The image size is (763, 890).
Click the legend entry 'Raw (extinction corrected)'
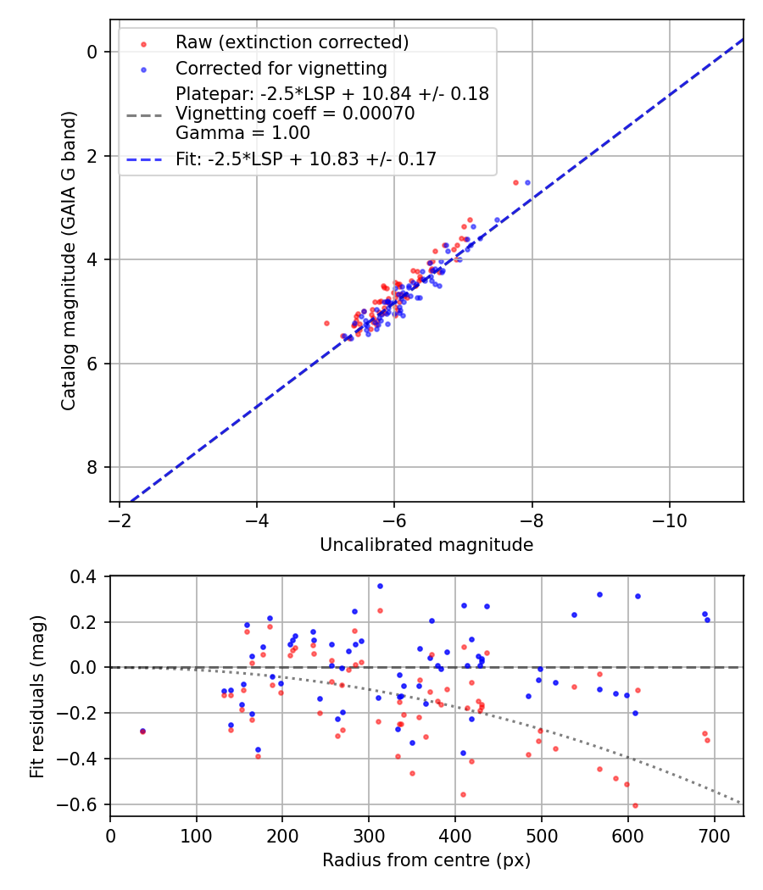[292, 42]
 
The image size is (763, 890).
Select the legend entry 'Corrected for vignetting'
[281, 68]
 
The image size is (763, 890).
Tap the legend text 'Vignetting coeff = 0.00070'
[295, 114]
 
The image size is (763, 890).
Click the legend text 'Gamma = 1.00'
[242, 133]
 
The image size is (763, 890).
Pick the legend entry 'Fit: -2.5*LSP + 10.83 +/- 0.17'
[306, 159]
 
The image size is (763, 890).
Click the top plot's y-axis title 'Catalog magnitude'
[69, 259]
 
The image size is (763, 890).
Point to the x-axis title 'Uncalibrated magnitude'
[426, 545]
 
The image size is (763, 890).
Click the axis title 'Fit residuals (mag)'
[36, 697]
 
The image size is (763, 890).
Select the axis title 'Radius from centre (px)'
[426, 859]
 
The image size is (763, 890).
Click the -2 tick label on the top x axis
[120, 520]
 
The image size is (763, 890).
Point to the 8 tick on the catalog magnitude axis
[94, 468]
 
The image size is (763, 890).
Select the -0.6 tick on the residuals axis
[86, 804]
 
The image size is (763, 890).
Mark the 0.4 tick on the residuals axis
[90, 576]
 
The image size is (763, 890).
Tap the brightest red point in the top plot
[515, 182]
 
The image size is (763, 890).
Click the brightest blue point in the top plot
[527, 182]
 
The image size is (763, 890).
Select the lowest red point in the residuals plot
[635, 805]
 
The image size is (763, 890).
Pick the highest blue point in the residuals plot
[380, 586]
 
